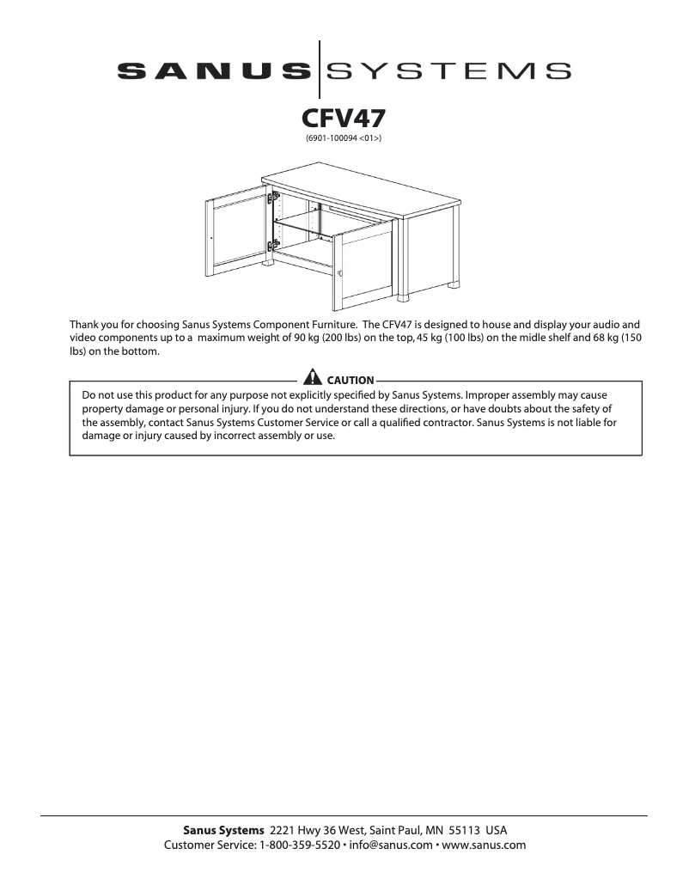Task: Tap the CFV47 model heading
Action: click(344, 117)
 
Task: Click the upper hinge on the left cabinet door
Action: click(275, 198)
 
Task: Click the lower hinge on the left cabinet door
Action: click(275, 246)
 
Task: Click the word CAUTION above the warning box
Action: click(351, 380)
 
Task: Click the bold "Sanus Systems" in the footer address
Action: click(223, 831)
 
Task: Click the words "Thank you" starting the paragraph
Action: click(92, 325)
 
